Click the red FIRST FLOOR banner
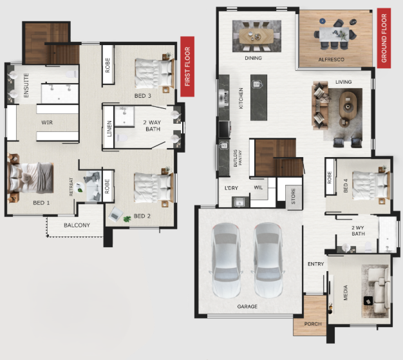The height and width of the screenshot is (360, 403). pos(187,66)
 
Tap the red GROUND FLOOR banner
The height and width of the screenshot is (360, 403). pos(384,38)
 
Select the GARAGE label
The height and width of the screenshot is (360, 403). pos(247,307)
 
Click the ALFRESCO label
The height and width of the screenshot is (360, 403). pos(332,60)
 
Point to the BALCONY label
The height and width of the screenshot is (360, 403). pos(77,225)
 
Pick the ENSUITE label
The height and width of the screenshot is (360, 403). pos(26,86)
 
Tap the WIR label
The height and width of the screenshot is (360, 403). pos(47,122)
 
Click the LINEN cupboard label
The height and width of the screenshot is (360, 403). pos(109,129)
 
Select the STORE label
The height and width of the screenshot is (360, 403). pos(294,196)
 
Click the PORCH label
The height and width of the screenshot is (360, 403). pos(313,324)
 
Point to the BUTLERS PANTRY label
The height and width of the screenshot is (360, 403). pos(238,158)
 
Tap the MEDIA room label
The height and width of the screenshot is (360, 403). pos(346,292)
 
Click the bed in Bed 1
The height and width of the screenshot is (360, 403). pos(30,178)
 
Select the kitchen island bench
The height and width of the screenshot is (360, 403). pos(259,98)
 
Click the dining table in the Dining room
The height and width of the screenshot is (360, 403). pos(256,36)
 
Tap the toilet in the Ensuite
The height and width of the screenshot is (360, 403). pos(71,74)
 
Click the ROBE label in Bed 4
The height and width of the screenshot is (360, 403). pos(330,178)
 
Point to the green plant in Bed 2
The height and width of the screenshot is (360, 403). pos(127,219)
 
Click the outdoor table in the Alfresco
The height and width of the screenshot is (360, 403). pos(334,34)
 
